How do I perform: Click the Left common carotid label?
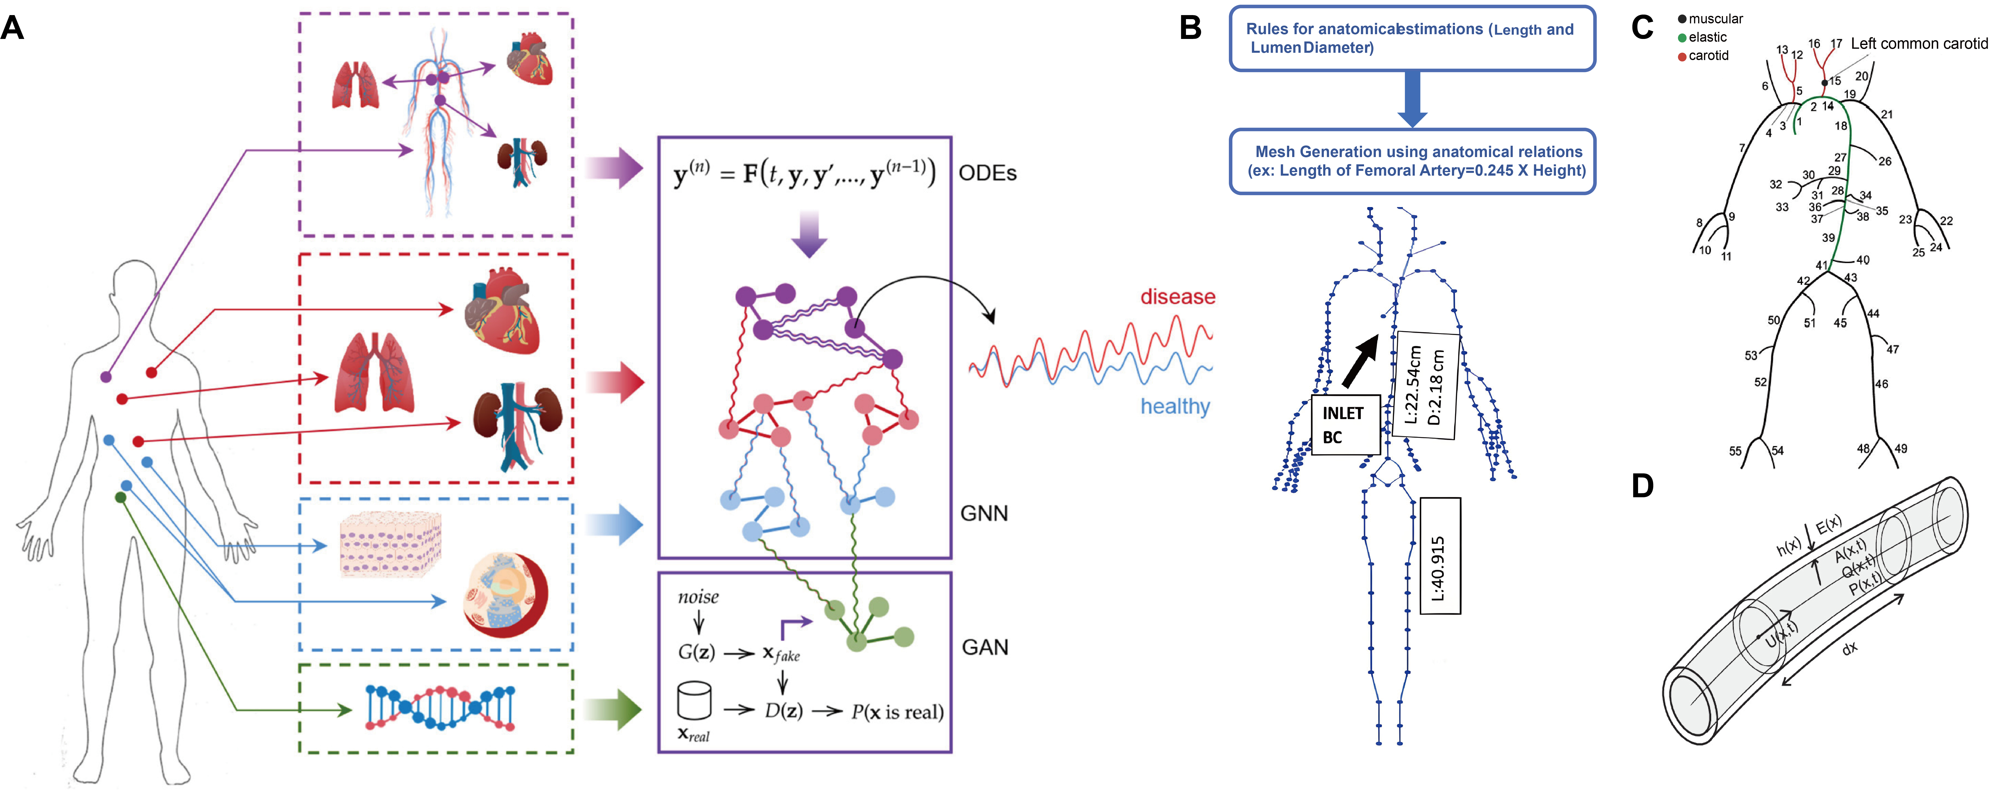pos(1918,43)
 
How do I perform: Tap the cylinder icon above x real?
pos(693,700)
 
